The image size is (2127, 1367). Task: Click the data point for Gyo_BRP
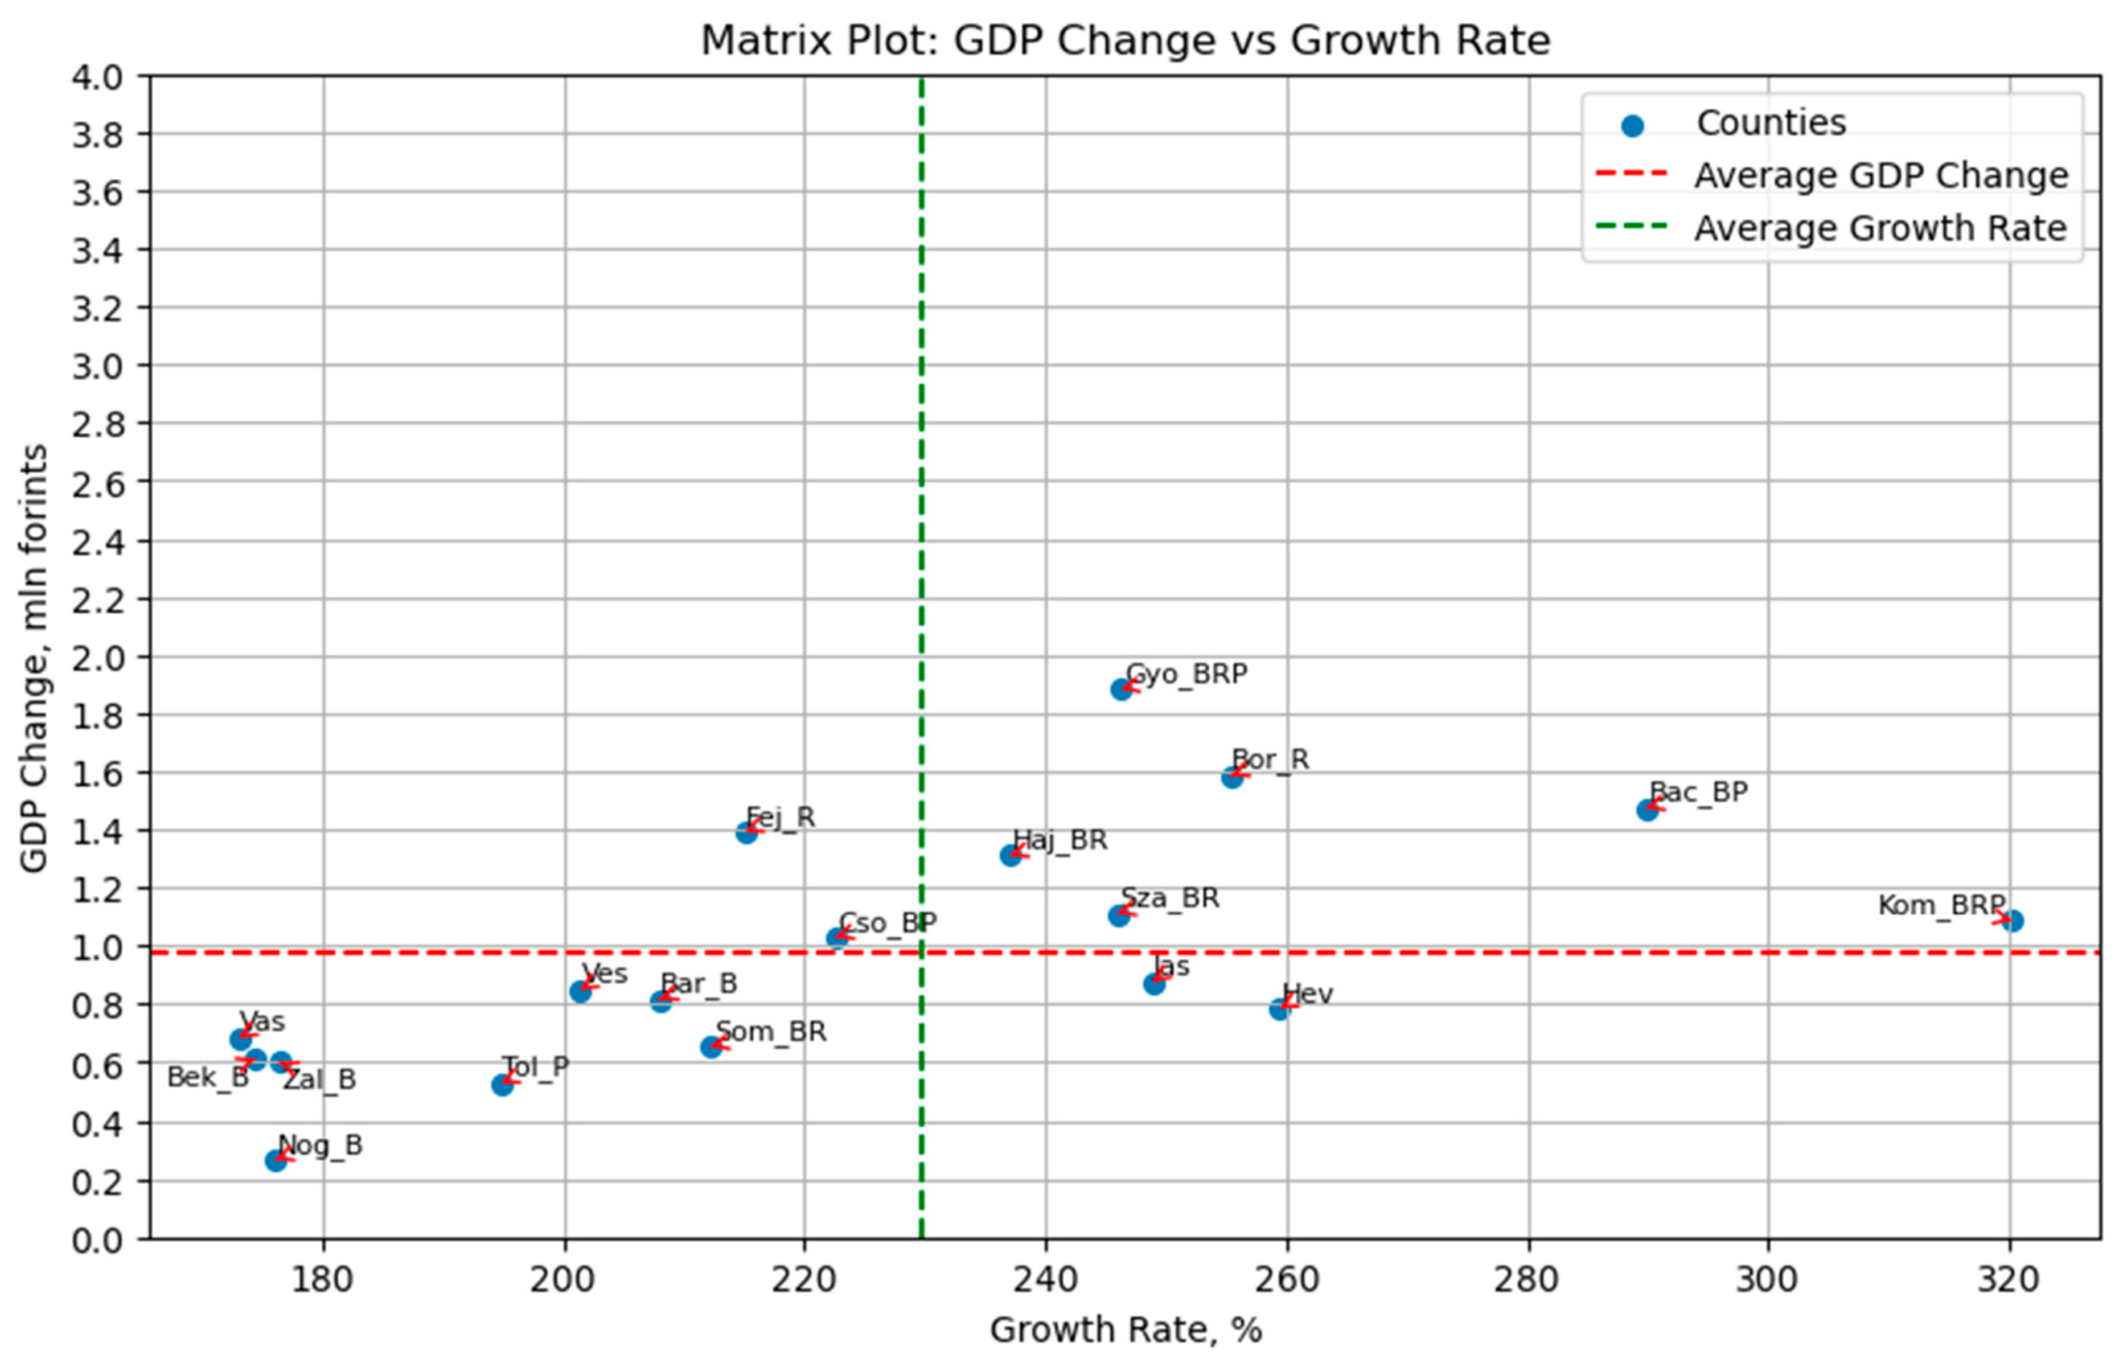pyautogui.click(x=1122, y=689)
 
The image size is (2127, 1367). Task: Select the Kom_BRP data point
pyautogui.click(x=2013, y=921)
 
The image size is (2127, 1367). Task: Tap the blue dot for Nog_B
pyautogui.click(x=276, y=1160)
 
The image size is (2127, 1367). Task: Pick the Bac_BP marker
pyautogui.click(x=1648, y=810)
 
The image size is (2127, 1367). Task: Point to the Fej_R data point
pyautogui.click(x=746, y=832)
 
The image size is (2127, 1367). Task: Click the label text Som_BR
pyautogui.click(x=770, y=1032)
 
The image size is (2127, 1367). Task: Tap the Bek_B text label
pyautogui.click(x=208, y=1078)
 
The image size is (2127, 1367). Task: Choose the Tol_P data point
pyautogui.click(x=502, y=1085)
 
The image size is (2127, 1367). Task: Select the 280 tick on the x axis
pyautogui.click(x=1529, y=1280)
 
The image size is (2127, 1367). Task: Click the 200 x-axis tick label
pyautogui.click(x=564, y=1280)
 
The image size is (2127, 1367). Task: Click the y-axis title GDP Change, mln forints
pyautogui.click(x=34, y=659)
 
